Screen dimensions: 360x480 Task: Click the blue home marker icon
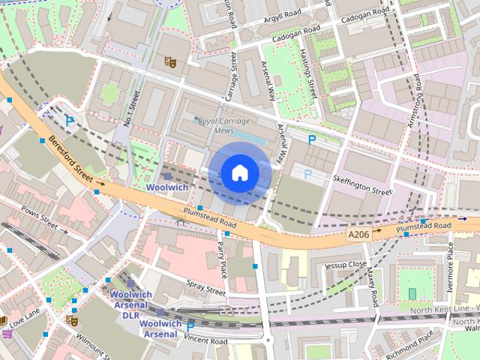[x=239, y=172]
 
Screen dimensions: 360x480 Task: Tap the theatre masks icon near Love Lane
[x=71, y=320]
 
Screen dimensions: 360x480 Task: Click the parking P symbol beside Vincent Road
[x=190, y=325]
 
